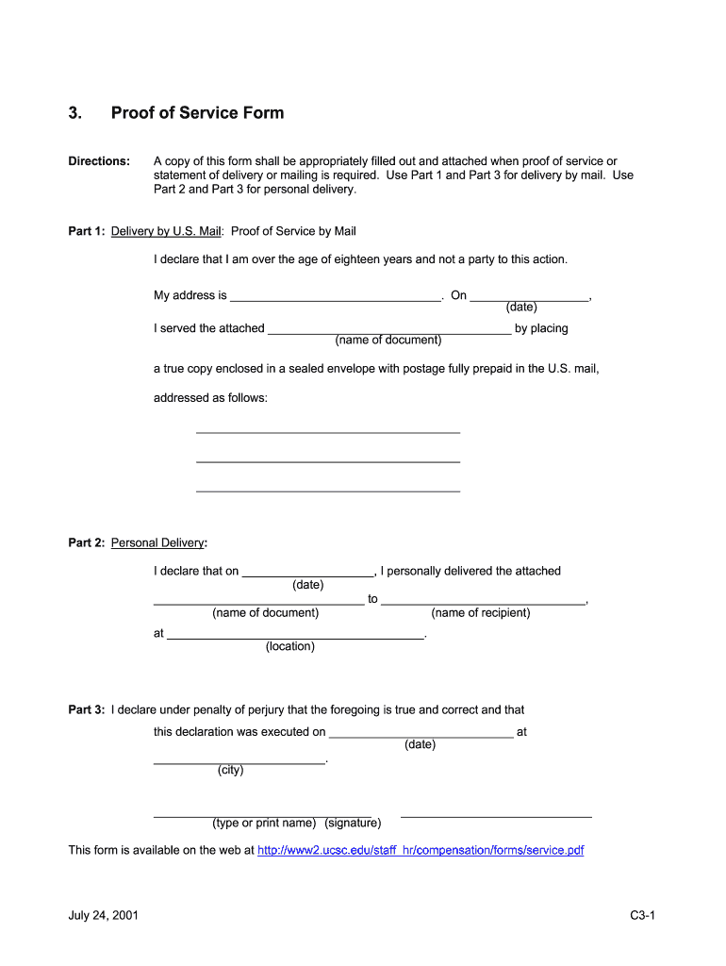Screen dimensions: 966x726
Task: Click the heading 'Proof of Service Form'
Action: pos(197,113)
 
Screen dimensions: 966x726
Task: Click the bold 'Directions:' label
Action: pos(99,161)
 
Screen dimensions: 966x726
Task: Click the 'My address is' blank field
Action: pos(336,296)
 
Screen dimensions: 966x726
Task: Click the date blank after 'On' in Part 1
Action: pos(529,296)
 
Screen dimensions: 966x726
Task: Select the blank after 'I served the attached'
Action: pos(389,329)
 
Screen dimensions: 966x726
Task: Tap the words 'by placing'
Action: pos(541,329)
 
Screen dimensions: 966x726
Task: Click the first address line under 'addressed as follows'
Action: pos(327,430)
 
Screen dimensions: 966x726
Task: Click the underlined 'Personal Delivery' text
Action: pos(157,543)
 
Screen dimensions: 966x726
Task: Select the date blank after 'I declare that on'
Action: pos(308,572)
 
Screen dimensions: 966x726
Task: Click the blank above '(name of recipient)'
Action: pos(483,600)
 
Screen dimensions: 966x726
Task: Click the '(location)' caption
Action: pos(290,646)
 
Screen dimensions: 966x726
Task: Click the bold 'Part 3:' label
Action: pos(87,710)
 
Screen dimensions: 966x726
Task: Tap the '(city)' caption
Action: pos(230,770)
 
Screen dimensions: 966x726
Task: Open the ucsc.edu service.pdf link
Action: pos(421,850)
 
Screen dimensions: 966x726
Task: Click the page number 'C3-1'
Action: pos(643,916)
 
